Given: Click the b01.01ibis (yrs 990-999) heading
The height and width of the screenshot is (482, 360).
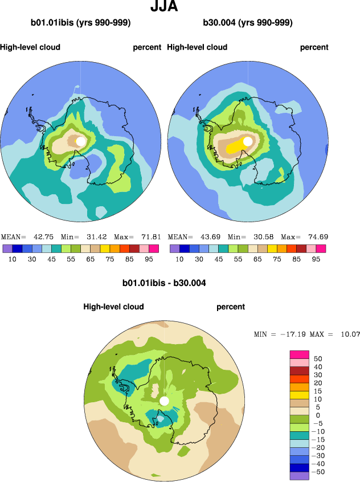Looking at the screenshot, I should click(x=81, y=23).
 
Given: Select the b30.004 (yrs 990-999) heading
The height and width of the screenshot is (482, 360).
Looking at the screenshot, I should click(x=248, y=23).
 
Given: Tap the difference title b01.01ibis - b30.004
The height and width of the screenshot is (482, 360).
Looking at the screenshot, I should click(x=164, y=283).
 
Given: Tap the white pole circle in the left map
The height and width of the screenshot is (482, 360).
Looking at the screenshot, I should click(x=81, y=141).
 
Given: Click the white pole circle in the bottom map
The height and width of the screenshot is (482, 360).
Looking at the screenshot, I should click(x=165, y=401).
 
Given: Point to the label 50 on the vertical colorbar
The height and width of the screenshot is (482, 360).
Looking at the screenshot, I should click(x=319, y=359).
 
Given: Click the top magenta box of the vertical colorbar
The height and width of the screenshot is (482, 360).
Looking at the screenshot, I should click(x=300, y=355).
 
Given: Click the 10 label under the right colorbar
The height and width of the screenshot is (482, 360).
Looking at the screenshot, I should click(x=179, y=258).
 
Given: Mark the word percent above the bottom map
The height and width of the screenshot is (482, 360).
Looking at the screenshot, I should click(x=231, y=307).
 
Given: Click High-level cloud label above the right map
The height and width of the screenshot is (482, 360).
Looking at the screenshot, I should click(x=197, y=47).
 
